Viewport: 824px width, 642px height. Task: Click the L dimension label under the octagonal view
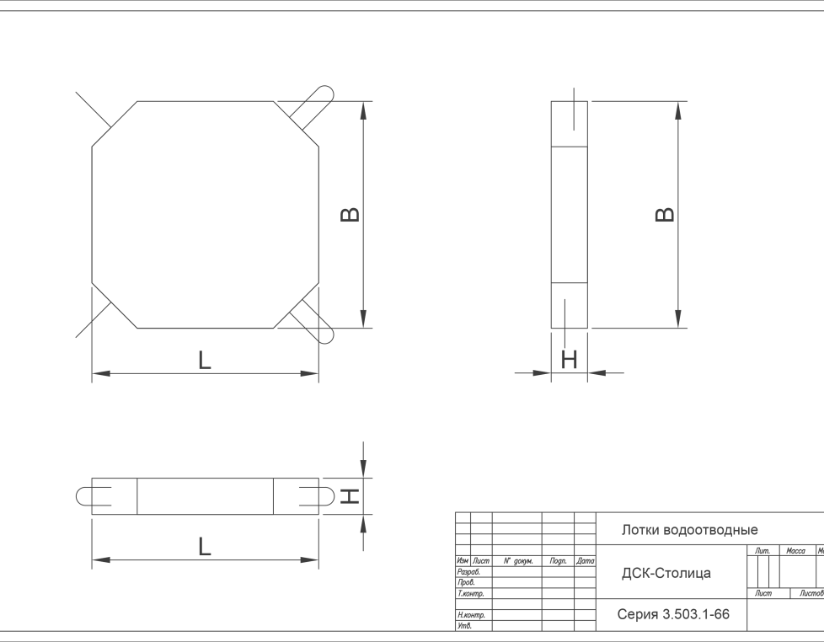[204, 361]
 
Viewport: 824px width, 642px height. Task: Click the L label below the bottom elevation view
[204, 547]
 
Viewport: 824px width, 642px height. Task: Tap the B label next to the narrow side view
[666, 214]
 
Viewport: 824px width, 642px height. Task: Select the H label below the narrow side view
[570, 360]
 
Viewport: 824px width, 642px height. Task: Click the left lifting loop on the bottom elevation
[92, 496]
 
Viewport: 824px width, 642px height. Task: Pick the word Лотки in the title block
[641, 530]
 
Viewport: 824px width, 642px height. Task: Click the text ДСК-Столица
[666, 573]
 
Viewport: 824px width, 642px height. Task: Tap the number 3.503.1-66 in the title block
[696, 615]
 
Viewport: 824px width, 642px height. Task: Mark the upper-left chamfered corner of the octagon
[115, 124]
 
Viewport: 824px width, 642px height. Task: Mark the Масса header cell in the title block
[795, 551]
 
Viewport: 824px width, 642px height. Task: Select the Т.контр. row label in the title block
[470, 594]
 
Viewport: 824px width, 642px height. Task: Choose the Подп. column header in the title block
[557, 560]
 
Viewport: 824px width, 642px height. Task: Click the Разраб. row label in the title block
[468, 571]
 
